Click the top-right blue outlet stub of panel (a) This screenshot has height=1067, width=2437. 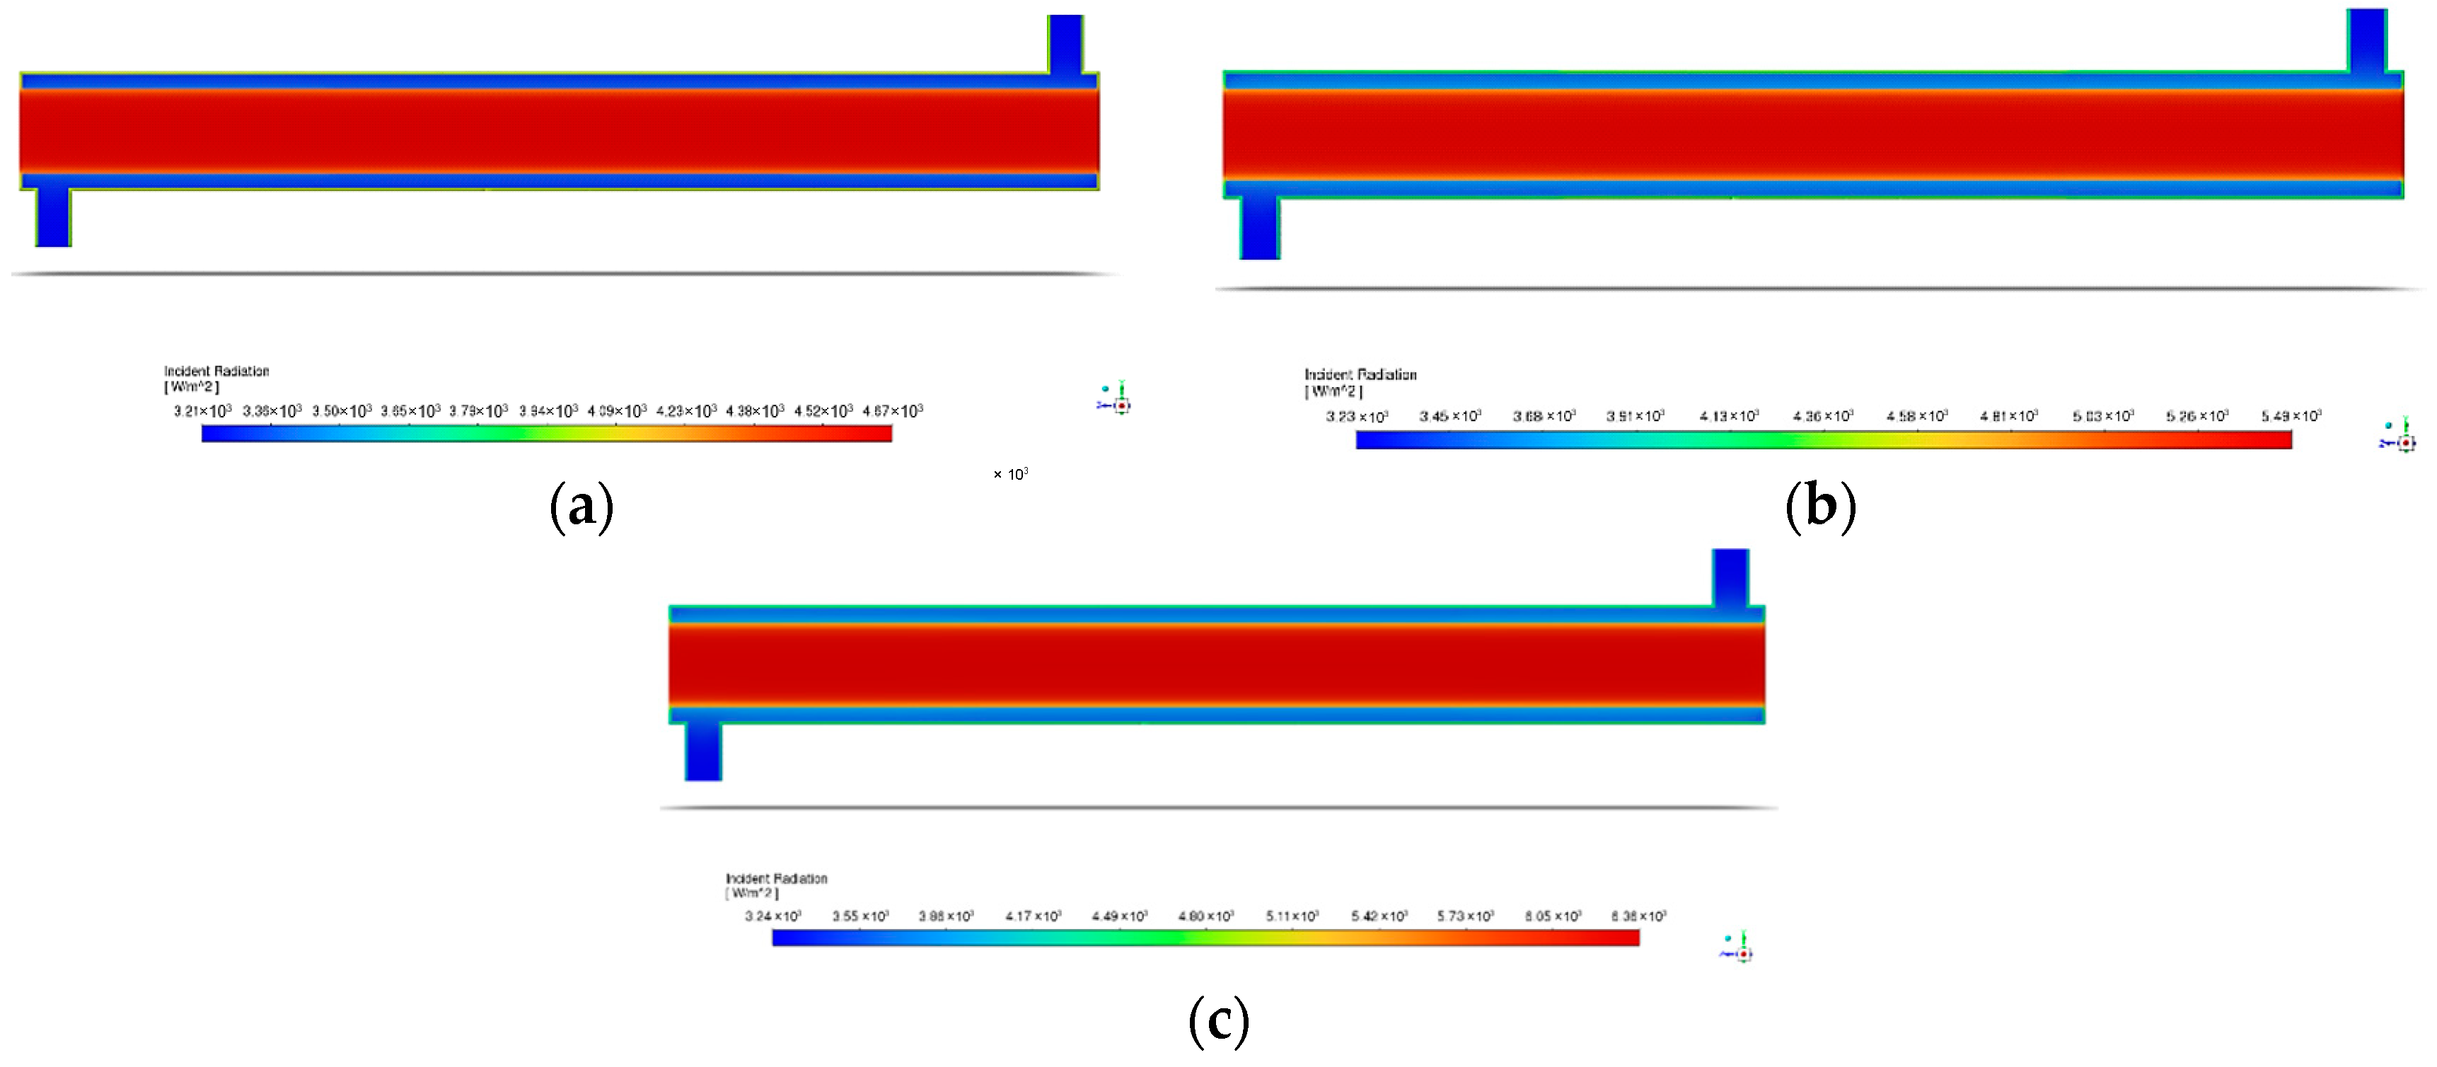pyautogui.click(x=1065, y=43)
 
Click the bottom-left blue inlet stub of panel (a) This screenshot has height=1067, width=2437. pyautogui.click(x=53, y=217)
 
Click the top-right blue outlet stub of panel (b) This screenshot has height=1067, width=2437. pyautogui.click(x=2367, y=40)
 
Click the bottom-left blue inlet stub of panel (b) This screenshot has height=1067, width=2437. pyautogui.click(x=1260, y=228)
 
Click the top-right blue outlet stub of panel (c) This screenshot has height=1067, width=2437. pyautogui.click(x=1730, y=577)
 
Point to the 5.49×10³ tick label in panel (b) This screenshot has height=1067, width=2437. pyautogui.click(x=2291, y=416)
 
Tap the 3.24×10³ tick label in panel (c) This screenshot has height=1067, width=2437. pyautogui.click(x=773, y=916)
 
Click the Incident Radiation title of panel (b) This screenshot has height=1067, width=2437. pyautogui.click(x=1360, y=374)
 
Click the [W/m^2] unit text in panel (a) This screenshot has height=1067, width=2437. pyautogui.click(x=191, y=387)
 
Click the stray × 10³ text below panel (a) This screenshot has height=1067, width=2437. pyautogui.click(x=1010, y=474)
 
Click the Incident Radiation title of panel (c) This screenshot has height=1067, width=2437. pyautogui.click(x=776, y=879)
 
